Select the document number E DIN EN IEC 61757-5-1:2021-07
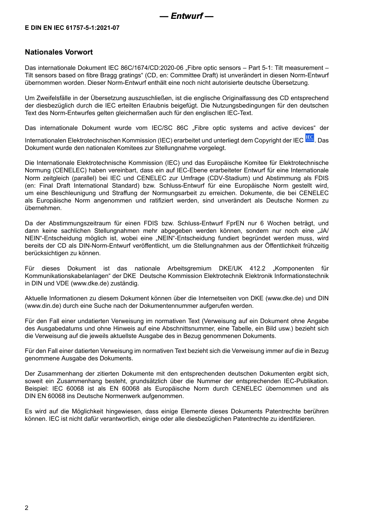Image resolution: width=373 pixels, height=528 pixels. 72,28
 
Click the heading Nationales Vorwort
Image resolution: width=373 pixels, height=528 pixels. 59,52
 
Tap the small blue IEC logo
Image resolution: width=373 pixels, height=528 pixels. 309,138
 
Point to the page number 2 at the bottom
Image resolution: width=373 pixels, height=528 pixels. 27,508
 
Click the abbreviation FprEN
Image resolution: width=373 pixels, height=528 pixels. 235,223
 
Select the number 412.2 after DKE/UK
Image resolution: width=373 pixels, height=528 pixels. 257,269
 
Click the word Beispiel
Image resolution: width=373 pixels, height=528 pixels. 36,389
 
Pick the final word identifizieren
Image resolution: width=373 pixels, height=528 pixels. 297,419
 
